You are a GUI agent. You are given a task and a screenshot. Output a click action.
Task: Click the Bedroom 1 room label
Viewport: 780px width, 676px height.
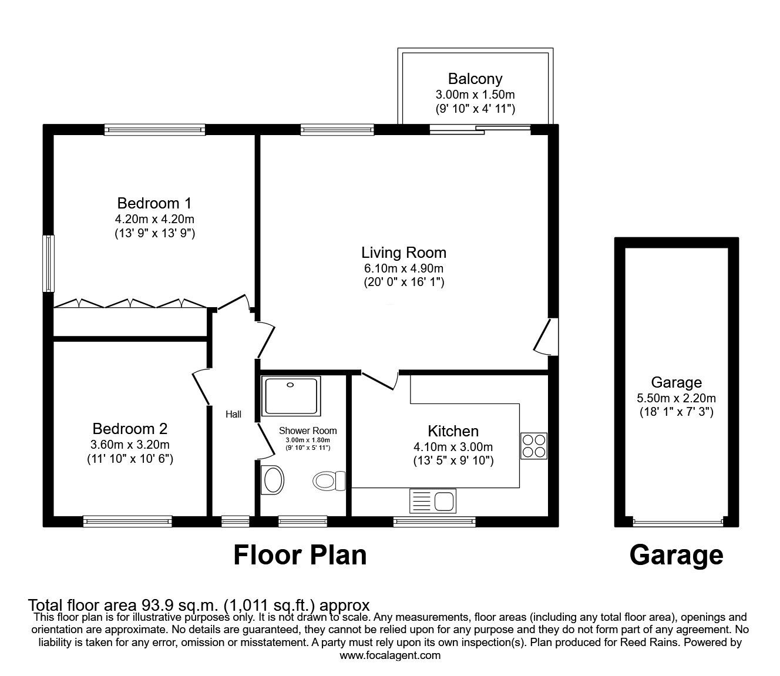pyautogui.click(x=154, y=204)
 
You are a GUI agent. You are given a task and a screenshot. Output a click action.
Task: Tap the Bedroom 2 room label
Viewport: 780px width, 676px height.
pyautogui.click(x=130, y=429)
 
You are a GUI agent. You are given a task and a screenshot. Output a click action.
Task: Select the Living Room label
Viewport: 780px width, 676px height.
pyautogui.click(x=404, y=253)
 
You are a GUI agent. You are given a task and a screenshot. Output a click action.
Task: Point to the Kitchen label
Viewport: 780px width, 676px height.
pyautogui.click(x=453, y=431)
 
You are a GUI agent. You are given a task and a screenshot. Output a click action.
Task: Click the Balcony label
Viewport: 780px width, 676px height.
pyautogui.click(x=475, y=79)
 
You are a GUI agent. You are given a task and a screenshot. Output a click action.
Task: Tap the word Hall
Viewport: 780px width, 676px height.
pyautogui.click(x=233, y=415)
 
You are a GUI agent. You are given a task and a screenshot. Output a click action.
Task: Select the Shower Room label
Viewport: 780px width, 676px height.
pyautogui.click(x=308, y=431)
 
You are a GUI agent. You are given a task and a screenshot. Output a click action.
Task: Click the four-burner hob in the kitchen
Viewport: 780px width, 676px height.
pyautogui.click(x=533, y=446)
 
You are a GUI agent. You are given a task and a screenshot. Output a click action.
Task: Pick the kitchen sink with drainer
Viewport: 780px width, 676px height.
pyautogui.click(x=433, y=501)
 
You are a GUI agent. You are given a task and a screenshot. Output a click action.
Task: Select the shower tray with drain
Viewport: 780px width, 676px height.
pyautogui.click(x=292, y=396)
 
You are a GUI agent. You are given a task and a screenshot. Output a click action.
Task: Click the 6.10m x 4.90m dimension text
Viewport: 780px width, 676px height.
pyautogui.click(x=404, y=268)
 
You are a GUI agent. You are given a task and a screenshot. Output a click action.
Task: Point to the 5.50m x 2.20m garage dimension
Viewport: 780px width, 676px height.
pyautogui.click(x=676, y=398)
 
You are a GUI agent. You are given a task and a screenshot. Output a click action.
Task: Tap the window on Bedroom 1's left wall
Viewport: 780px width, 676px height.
pyautogui.click(x=49, y=263)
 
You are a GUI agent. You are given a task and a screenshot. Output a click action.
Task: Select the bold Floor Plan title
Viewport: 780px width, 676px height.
pyautogui.click(x=300, y=555)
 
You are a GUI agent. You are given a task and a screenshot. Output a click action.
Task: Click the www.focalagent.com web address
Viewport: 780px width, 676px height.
pyautogui.click(x=390, y=655)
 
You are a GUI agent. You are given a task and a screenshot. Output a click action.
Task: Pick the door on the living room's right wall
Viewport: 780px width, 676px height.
pyautogui.click(x=545, y=337)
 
